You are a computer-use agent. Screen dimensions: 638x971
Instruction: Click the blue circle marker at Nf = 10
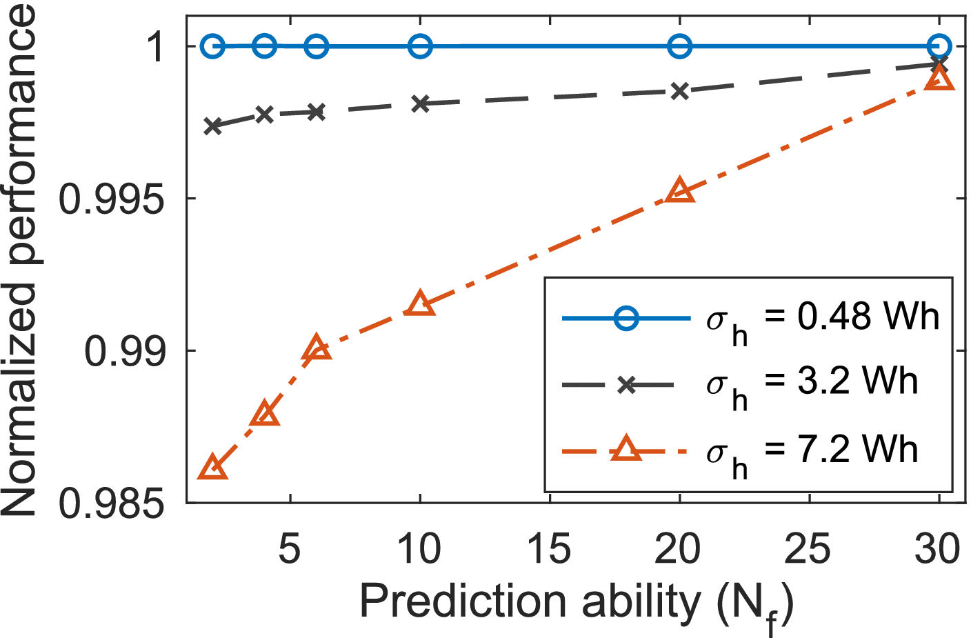click(420, 47)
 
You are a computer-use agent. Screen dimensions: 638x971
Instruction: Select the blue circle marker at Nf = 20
click(680, 47)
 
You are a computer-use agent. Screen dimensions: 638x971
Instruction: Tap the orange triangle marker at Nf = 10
click(420, 304)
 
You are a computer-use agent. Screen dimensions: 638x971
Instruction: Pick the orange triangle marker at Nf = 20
click(680, 191)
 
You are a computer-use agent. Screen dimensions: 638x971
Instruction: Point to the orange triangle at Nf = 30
click(939, 79)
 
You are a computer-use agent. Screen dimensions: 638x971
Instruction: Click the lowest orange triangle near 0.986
click(212, 468)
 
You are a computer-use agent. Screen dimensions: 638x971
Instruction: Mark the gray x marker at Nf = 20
click(680, 91)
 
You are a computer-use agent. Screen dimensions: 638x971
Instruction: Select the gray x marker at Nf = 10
click(420, 103)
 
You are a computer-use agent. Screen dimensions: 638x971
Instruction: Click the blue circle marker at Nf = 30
click(939, 47)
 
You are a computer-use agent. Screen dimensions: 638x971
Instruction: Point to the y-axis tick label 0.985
click(113, 504)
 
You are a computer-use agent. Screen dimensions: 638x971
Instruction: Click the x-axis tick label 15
click(549, 550)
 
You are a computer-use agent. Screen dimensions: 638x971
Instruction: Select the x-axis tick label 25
click(808, 550)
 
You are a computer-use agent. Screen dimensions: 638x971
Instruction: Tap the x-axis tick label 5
click(290, 550)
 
